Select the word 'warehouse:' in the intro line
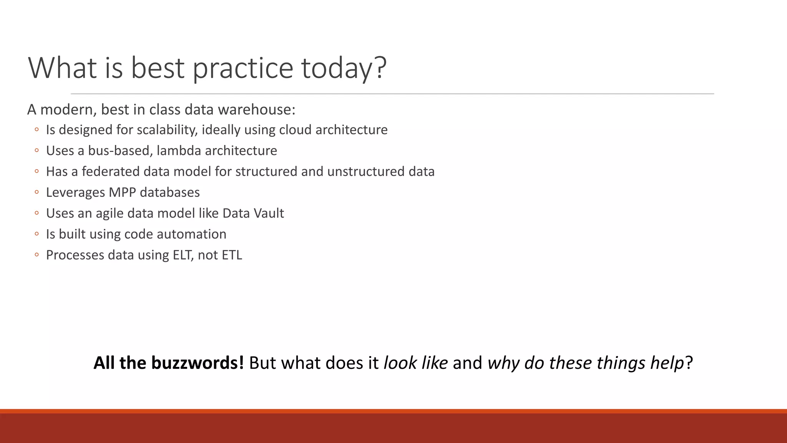257,110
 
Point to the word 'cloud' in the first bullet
296,130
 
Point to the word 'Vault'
268,213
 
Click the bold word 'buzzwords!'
197,363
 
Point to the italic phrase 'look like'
415,363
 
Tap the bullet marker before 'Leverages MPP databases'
37,192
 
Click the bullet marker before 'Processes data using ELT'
37,255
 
